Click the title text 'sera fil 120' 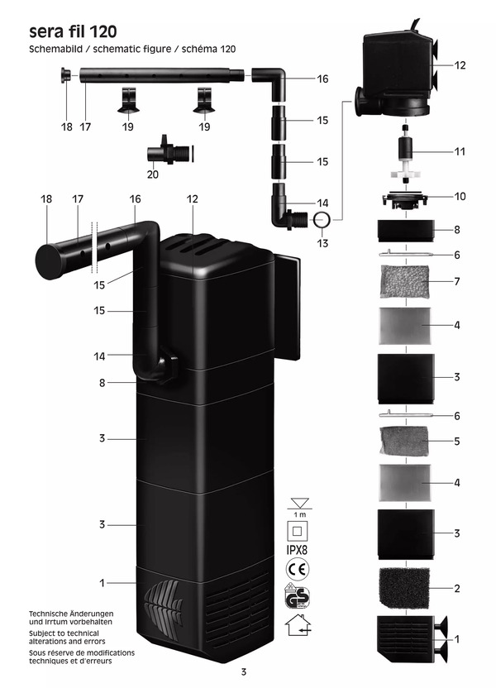73,32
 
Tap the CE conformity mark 298,569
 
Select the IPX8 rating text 297,549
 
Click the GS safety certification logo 298,596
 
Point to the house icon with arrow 298,625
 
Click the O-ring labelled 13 322,219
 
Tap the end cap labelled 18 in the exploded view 67,76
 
